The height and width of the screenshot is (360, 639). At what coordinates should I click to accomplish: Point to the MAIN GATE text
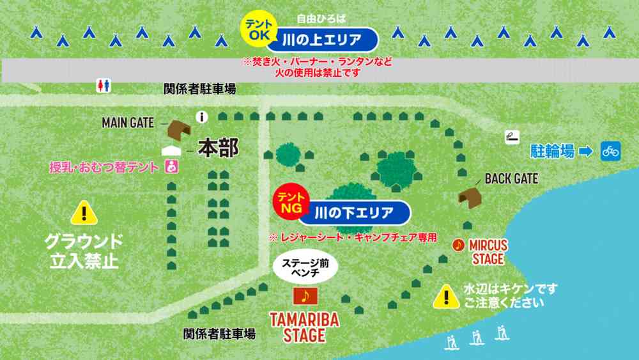tap(128, 122)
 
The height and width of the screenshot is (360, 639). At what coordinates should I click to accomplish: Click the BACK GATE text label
tap(511, 178)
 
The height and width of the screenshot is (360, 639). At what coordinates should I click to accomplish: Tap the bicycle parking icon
tap(610, 152)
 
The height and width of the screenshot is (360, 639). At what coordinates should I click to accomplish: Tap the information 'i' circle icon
tap(203, 117)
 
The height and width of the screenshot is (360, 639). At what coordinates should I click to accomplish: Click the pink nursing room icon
tap(171, 167)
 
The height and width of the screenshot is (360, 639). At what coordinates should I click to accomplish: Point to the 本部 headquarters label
tap(218, 148)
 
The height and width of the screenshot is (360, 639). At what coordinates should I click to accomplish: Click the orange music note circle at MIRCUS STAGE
tap(458, 244)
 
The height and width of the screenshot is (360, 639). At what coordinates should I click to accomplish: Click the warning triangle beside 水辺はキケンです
tap(445, 295)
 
